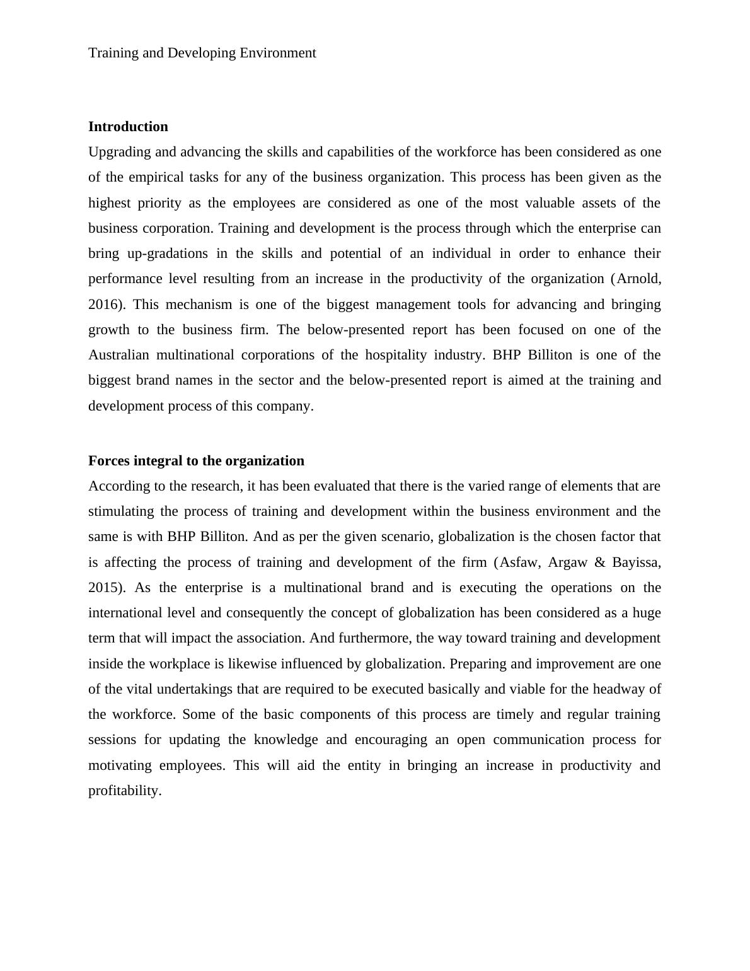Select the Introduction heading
[128, 127]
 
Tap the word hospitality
[396, 355]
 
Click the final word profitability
[125, 791]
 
